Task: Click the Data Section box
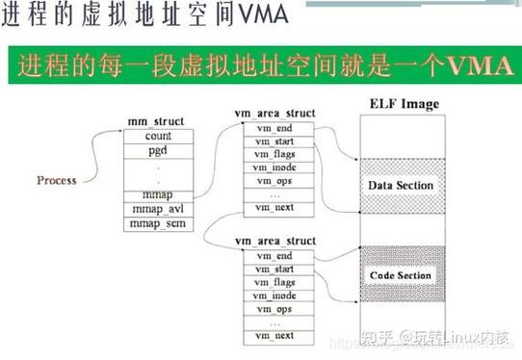click(402, 185)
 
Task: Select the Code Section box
click(402, 275)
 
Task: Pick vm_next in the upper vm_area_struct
click(274, 207)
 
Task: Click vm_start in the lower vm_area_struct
click(274, 269)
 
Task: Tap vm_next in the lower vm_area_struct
click(274, 335)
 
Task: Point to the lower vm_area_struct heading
click(274, 239)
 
